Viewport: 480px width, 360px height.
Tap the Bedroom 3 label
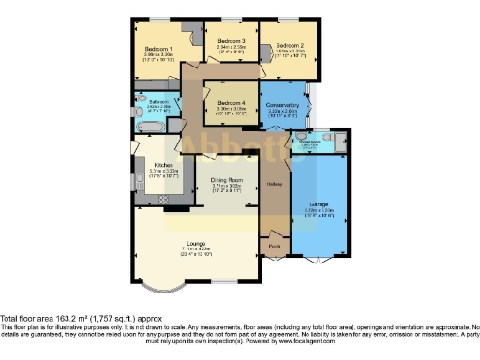(x=232, y=42)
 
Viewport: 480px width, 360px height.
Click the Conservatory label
(x=283, y=105)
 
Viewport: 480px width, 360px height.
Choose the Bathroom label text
(x=157, y=101)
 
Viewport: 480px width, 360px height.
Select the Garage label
(x=320, y=204)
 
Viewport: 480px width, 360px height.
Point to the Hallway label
(x=274, y=183)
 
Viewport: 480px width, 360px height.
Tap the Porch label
(x=274, y=246)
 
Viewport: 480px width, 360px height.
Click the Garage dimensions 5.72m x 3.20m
(x=320, y=211)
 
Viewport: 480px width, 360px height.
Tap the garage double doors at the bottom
(x=321, y=257)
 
